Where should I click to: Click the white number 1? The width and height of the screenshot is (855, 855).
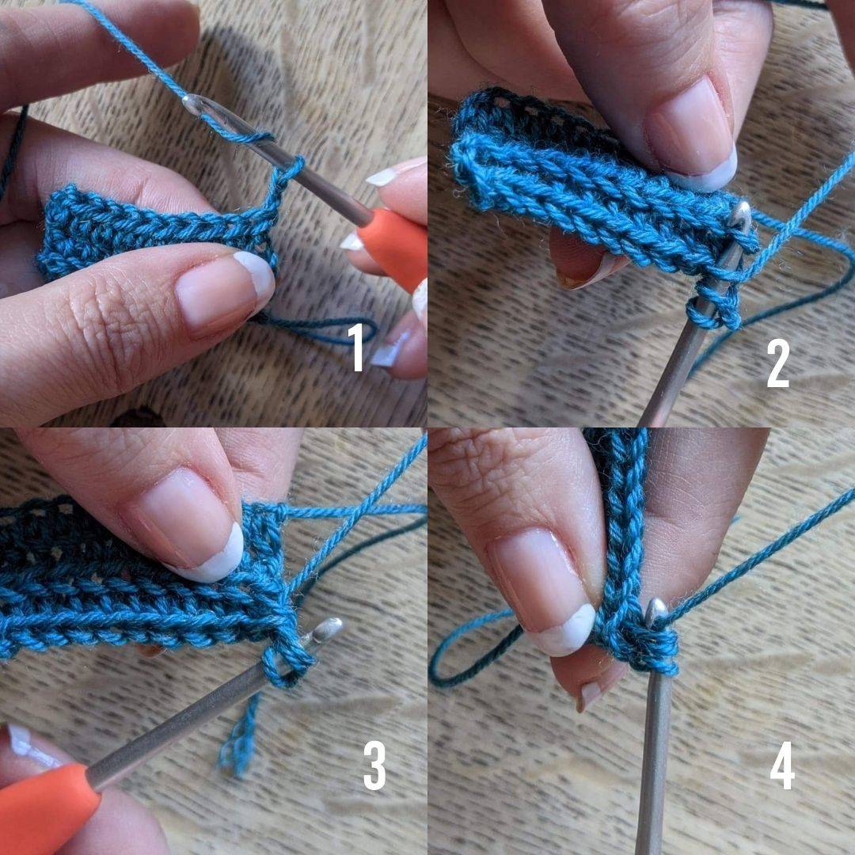click(357, 347)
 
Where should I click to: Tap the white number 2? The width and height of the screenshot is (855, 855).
click(778, 363)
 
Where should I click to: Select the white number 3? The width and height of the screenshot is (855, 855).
click(374, 765)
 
